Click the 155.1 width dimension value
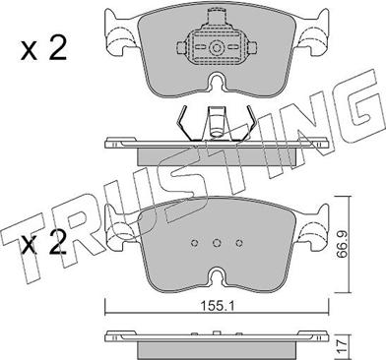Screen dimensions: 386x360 coord(217,306)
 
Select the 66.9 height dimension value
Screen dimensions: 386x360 coord(343,244)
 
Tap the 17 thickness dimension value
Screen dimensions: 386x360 coord(343,346)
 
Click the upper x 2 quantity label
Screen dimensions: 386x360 coord(43,48)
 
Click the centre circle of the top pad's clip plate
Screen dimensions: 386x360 coord(217,48)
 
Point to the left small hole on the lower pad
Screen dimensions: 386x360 coord(194,243)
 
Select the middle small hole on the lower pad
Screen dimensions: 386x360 coord(217,243)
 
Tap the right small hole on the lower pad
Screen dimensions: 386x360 coord(239,243)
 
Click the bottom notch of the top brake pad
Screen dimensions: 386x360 coord(217,82)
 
